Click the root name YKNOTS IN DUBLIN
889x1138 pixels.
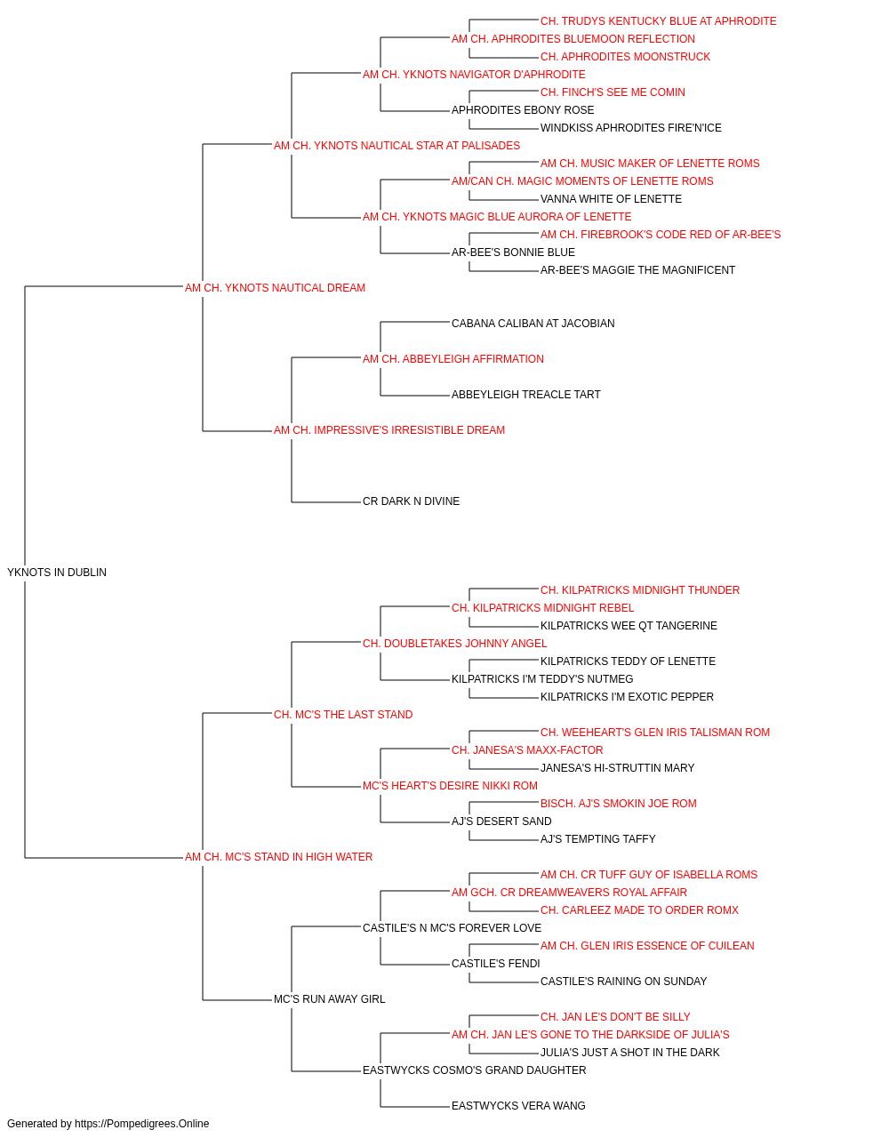click(x=57, y=573)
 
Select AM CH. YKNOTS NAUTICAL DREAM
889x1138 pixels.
click(x=275, y=288)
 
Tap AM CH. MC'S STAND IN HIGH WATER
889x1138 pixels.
click(x=278, y=857)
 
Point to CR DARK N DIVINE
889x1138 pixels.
click(x=411, y=501)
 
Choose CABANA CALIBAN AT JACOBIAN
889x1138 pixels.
click(x=533, y=324)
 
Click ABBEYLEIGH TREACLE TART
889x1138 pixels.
click(x=525, y=395)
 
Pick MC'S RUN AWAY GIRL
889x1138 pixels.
click(x=329, y=999)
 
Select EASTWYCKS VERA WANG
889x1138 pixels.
click(x=518, y=1106)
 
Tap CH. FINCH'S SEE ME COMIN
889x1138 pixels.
click(x=613, y=92)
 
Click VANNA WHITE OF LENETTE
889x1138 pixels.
click(x=611, y=199)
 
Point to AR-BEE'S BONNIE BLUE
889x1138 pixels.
click(x=513, y=252)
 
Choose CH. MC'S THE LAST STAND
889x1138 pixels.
click(x=343, y=715)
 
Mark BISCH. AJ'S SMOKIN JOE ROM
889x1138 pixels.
click(x=619, y=804)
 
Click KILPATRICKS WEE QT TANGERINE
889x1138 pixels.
click(x=629, y=626)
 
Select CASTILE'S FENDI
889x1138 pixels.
click(x=496, y=964)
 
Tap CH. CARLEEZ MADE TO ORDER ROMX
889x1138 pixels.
click(x=639, y=910)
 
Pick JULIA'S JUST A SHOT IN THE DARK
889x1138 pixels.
click(x=629, y=1053)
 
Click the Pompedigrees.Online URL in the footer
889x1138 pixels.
click(x=142, y=1124)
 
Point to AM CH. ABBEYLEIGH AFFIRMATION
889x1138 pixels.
click(x=453, y=359)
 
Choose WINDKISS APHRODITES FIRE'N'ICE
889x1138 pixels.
click(x=631, y=128)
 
